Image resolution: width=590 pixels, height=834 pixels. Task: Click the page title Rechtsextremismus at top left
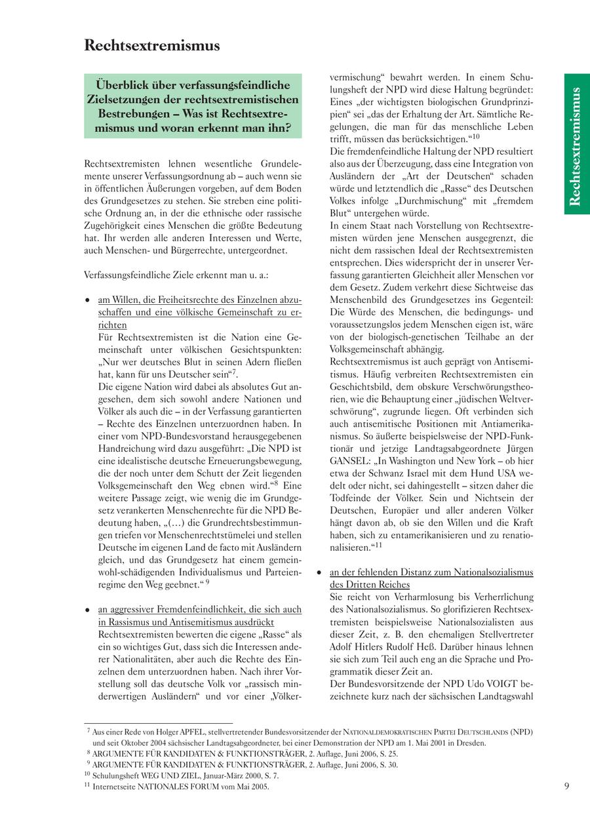coord(152,45)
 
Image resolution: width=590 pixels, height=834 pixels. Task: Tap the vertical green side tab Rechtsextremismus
coord(576,146)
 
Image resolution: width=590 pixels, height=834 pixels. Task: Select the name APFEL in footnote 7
coord(193,731)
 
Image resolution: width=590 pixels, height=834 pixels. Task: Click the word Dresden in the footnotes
coord(472,743)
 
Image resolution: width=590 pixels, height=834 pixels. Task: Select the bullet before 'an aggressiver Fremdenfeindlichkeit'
coord(88,609)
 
